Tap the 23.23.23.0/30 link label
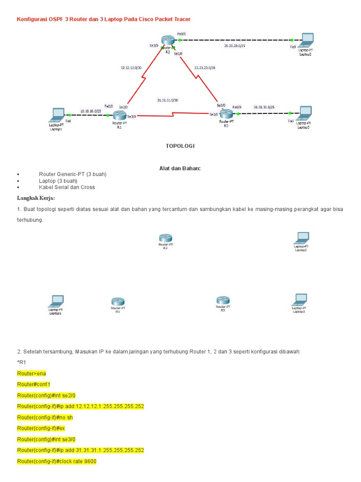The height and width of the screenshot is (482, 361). [205, 68]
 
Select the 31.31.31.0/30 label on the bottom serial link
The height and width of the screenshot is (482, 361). [167, 100]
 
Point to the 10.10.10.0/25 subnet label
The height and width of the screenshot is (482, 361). [91, 111]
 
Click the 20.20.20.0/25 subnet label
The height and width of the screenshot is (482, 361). [235, 46]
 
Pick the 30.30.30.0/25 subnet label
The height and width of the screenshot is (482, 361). [264, 107]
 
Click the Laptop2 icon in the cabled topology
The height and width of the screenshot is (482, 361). [307, 40]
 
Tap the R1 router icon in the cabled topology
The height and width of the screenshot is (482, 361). [119, 114]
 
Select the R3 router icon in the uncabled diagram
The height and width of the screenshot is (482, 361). [223, 300]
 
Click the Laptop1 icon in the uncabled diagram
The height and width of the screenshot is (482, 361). [56, 301]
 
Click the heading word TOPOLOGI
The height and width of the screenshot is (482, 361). [180, 146]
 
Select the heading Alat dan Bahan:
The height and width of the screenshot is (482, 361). [180, 168]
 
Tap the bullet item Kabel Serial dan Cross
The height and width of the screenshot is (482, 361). [67, 187]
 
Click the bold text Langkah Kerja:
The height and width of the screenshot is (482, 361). [36, 198]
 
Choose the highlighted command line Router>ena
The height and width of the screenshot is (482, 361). [31, 373]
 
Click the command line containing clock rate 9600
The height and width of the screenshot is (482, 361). [56, 462]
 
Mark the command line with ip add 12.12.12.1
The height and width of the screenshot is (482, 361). [80, 406]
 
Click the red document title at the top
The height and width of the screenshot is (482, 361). [104, 19]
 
